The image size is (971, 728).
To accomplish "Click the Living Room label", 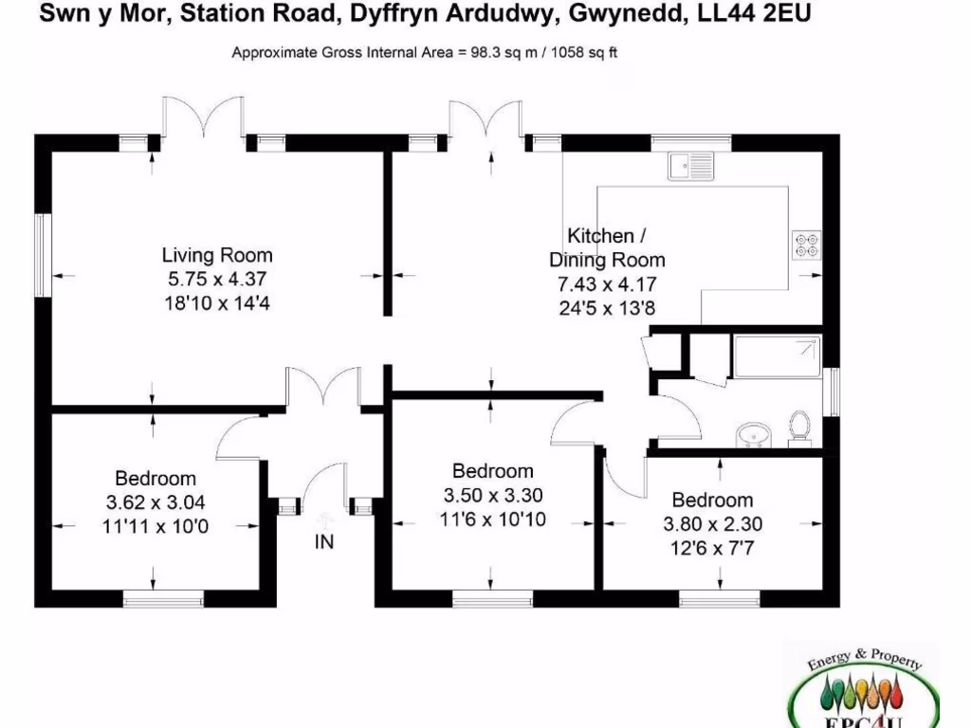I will (x=217, y=255).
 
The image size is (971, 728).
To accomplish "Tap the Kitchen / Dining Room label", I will (x=607, y=247).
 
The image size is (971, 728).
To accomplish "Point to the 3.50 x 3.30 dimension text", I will (x=492, y=495).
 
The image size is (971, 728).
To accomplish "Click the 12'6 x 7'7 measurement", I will (x=712, y=547).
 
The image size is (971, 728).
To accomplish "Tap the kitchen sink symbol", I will (x=691, y=168).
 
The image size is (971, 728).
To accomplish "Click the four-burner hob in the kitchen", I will (x=808, y=245).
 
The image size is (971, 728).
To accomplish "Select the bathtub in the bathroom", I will (x=777, y=356).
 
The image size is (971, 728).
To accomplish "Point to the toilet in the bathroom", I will (x=798, y=428).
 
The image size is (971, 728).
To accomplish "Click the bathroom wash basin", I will (x=755, y=434).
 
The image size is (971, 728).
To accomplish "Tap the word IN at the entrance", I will (x=324, y=542).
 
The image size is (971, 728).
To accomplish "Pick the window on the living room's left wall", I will (x=43, y=256).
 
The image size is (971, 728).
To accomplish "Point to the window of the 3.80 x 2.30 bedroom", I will (x=719, y=598).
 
